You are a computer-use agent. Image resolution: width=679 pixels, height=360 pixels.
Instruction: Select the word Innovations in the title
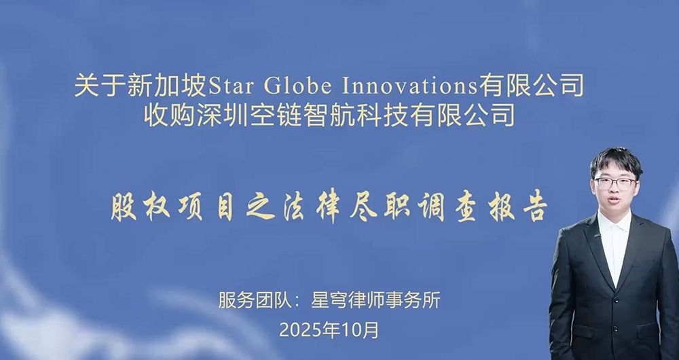(x=409, y=86)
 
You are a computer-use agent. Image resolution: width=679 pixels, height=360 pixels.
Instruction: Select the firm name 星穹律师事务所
(x=376, y=301)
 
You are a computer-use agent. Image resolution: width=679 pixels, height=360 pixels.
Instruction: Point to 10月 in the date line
(x=361, y=330)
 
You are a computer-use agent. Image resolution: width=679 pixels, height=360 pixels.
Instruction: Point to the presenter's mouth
(x=612, y=199)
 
